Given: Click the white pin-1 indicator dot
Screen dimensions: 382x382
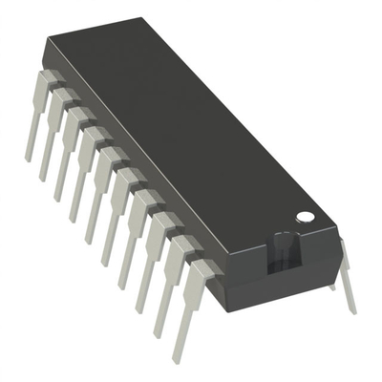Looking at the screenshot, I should (306, 218).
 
